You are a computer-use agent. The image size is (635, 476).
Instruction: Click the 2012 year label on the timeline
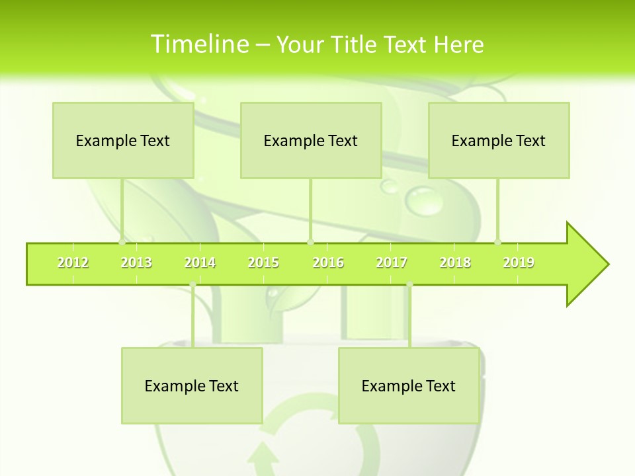[73, 263]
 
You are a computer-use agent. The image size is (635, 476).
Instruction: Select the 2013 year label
[136, 263]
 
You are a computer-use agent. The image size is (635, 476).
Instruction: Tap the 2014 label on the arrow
[200, 263]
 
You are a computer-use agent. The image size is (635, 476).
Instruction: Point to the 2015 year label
[263, 263]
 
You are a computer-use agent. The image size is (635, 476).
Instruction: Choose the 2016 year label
[328, 263]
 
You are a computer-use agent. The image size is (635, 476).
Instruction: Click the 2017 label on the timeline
[392, 263]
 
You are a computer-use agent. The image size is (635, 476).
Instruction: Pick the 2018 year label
[455, 263]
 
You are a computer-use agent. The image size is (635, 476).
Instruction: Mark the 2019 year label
[519, 263]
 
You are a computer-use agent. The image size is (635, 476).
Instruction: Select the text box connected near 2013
[123, 140]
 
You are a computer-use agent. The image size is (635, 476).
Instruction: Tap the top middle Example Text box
[311, 140]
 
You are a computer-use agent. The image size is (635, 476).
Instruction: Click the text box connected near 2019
[499, 140]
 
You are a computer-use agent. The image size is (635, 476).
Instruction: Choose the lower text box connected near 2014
[192, 385]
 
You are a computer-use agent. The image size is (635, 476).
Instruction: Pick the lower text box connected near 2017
[409, 385]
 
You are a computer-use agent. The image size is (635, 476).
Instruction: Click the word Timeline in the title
[199, 44]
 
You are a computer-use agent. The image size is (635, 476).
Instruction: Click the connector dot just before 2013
[122, 243]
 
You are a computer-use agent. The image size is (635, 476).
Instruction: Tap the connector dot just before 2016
[310, 243]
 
